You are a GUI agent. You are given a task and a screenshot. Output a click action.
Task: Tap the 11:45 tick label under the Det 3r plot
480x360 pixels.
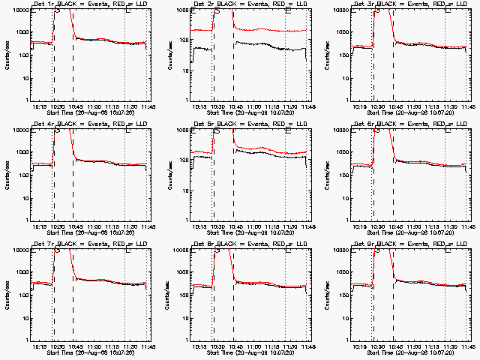(469, 106)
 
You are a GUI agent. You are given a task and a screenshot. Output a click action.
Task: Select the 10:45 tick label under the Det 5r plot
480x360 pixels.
(235, 226)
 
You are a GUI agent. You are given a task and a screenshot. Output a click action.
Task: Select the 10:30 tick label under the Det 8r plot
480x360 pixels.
(218, 346)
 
